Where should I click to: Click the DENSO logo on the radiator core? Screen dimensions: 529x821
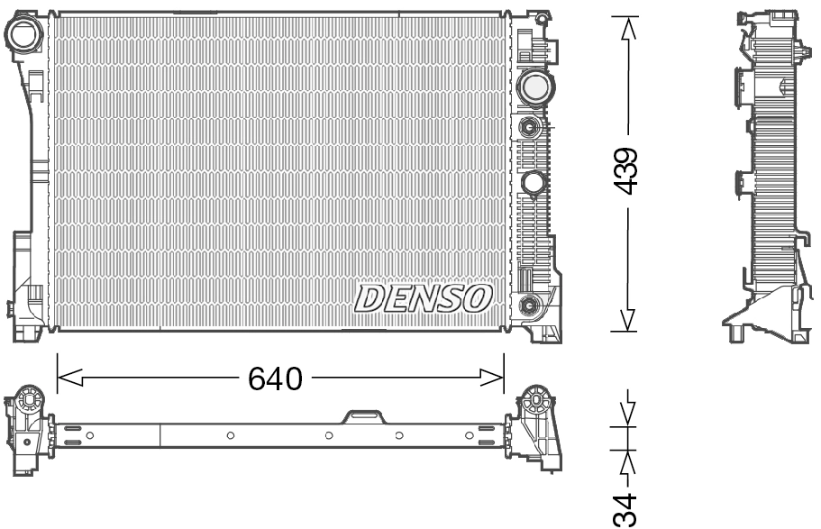(424, 298)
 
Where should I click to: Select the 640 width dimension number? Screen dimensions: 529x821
(275, 379)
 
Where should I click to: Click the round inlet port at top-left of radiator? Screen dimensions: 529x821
(23, 35)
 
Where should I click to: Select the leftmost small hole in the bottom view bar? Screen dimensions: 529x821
(90, 435)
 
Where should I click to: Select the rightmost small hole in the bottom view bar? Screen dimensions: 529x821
(469, 435)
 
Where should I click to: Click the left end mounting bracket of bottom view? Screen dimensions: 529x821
(27, 428)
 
